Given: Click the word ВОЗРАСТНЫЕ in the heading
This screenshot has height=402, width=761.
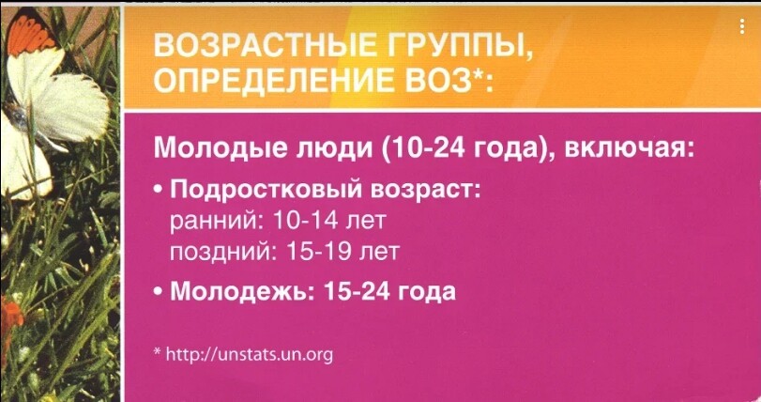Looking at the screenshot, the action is point(266,46).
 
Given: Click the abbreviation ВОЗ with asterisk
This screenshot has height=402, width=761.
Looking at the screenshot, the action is point(449,80).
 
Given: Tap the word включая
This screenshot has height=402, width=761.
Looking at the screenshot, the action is point(630,147).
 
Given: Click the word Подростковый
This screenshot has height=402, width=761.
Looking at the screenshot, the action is point(266,190).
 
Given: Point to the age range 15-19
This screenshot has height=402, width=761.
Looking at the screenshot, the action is point(319,251).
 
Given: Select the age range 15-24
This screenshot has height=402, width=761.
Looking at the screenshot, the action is point(357,291).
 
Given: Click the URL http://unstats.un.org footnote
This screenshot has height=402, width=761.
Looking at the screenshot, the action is point(250,354).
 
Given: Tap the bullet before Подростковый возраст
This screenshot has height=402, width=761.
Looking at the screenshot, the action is point(159,191).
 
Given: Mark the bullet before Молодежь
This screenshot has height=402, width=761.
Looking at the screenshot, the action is point(159,292).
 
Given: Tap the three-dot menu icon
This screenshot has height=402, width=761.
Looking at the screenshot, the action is point(742,26).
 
